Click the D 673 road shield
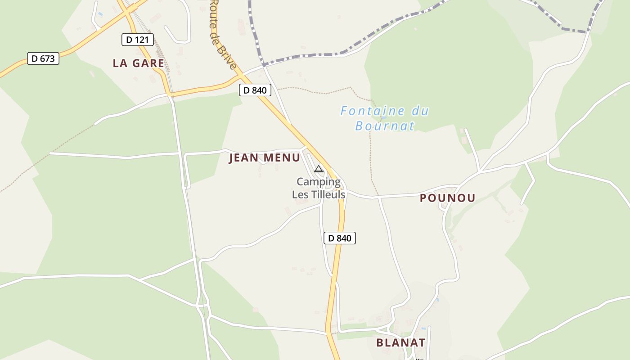pos(43,58)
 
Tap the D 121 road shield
pos(138,40)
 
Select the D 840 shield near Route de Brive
pos(255,90)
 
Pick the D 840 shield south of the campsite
pos(340,238)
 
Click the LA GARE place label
pos(139,63)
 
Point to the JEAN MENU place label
pos(265,158)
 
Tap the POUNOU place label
pos(448,198)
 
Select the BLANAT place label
pos(400,342)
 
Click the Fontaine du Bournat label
pos(385,118)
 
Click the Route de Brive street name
pos(223,34)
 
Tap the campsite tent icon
pos(319,169)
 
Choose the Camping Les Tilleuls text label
pos(319,188)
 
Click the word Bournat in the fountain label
pos(385,126)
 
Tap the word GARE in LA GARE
pos(148,63)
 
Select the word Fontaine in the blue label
pos(366,111)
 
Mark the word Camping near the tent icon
pos(319,182)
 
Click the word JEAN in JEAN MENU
pos(244,158)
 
